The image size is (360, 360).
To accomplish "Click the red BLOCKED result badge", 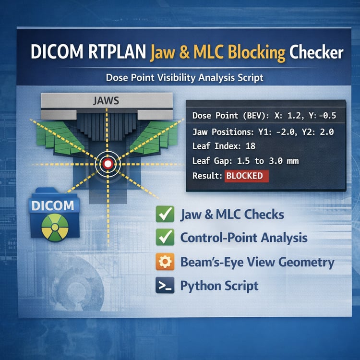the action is point(246,176).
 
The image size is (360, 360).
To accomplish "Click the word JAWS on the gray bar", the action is point(106,101).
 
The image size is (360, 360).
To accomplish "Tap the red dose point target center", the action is point(108,164).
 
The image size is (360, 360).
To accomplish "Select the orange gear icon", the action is point(165,262).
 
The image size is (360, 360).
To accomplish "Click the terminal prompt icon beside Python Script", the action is point(165,285).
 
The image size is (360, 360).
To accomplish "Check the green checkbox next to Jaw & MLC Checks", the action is point(165,214).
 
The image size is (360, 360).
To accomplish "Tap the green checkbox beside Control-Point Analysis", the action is point(165,237).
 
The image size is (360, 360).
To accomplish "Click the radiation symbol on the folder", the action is point(55,228).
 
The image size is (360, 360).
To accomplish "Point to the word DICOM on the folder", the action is point(53,205).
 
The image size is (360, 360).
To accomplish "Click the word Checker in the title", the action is point(316,53).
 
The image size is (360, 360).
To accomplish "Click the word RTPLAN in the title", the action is point(117,51).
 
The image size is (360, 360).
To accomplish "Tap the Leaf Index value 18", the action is point(251,146).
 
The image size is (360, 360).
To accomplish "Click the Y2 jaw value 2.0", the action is point(327,132).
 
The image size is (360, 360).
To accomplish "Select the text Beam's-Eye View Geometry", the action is point(257,262).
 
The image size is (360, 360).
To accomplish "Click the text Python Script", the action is point(219,286).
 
